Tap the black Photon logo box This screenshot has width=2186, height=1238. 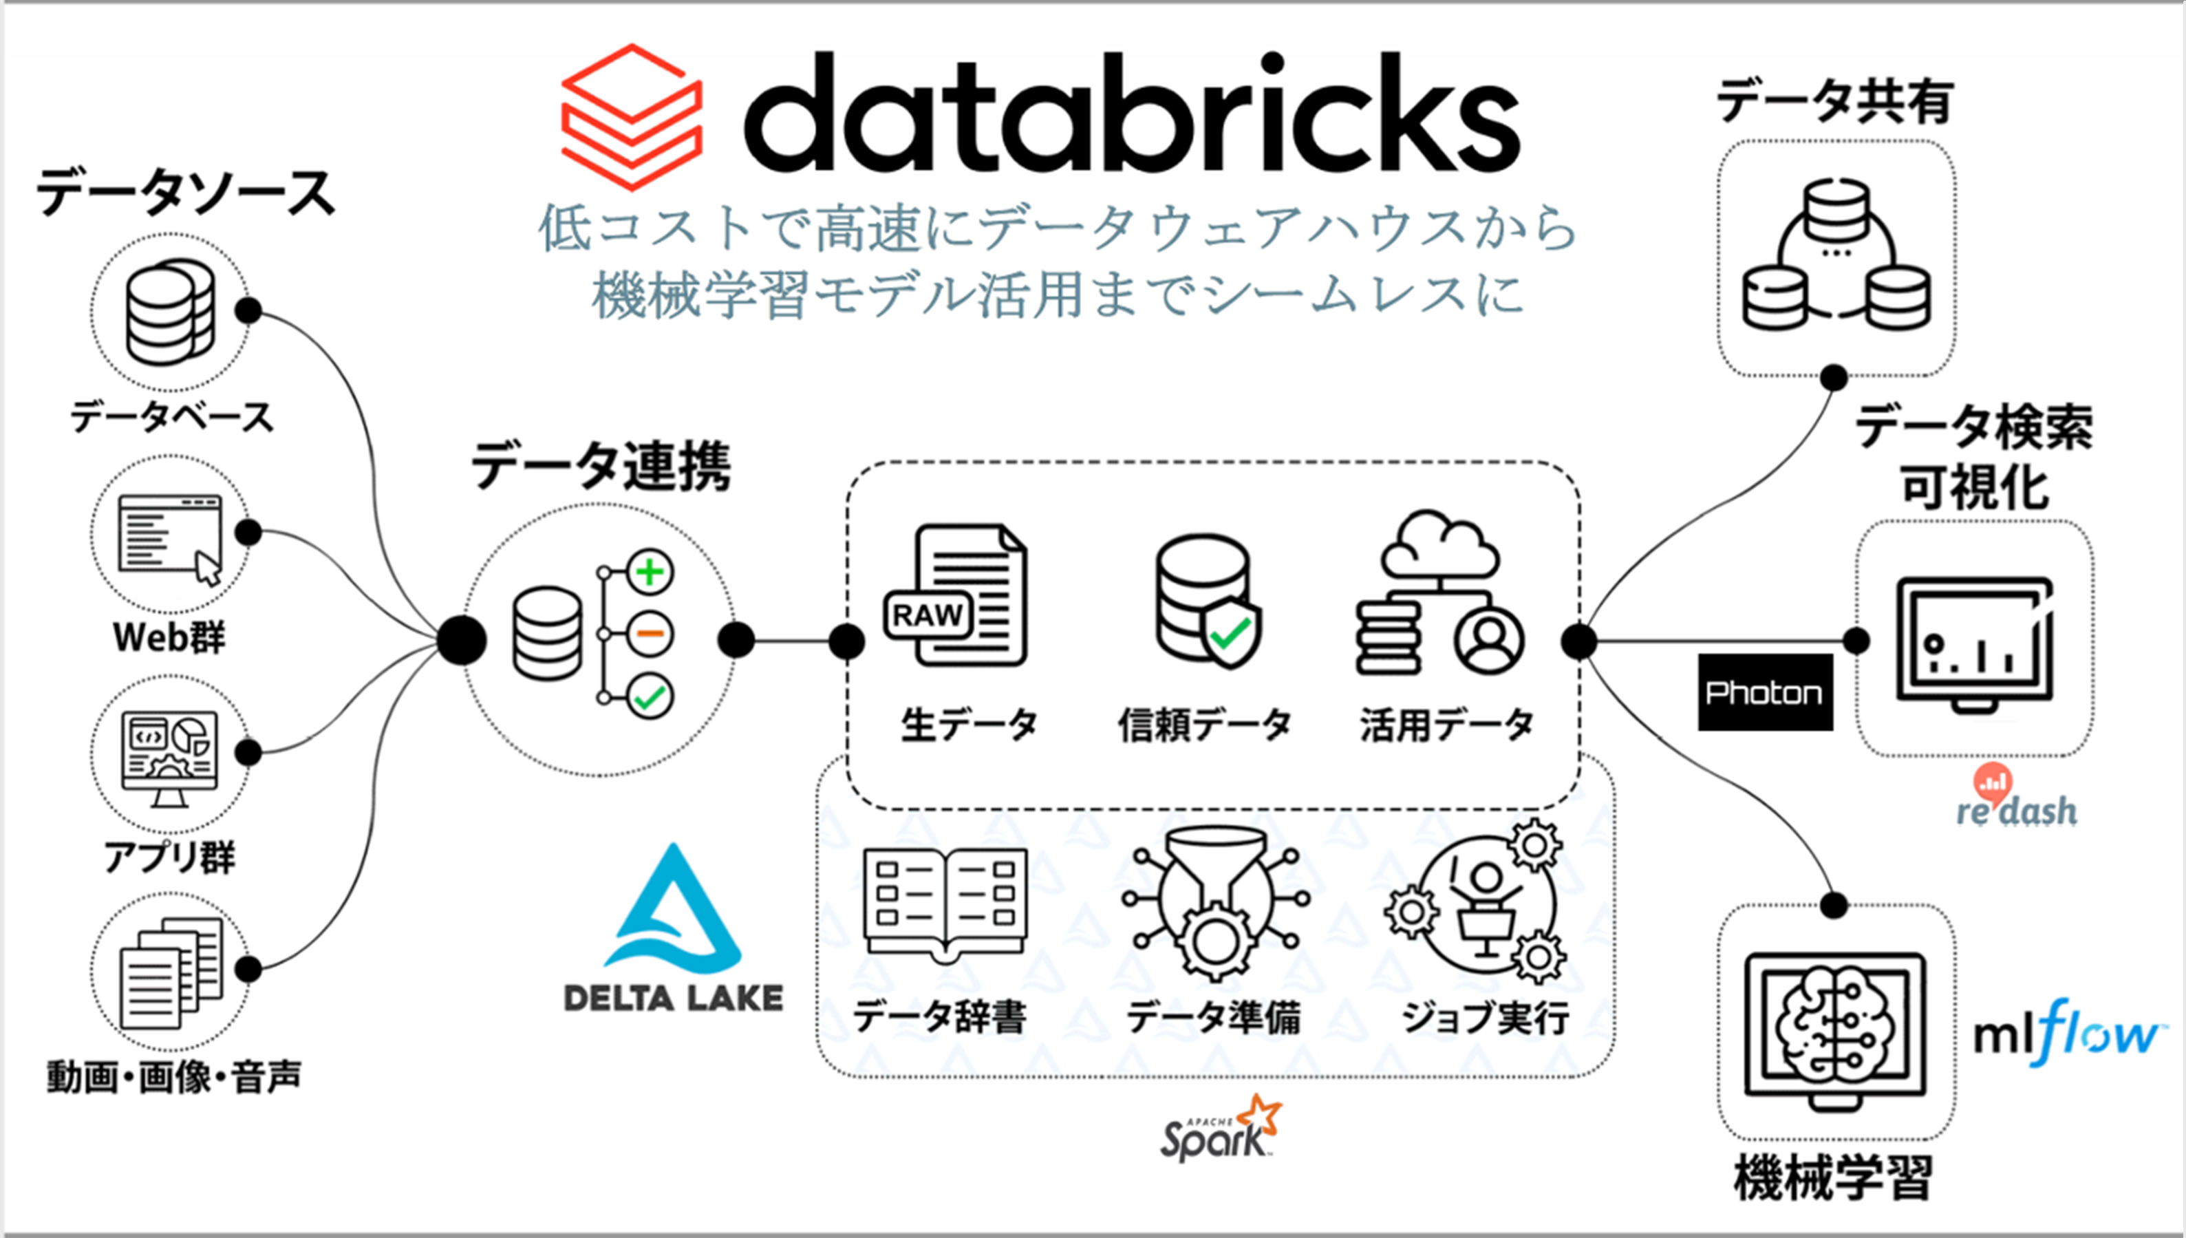pyautogui.click(x=1764, y=692)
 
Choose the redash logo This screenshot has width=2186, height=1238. pyautogui.click(x=2016, y=798)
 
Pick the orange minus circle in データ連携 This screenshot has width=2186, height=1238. pyautogui.click(x=650, y=634)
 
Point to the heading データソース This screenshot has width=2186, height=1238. pyautogui.click(x=185, y=192)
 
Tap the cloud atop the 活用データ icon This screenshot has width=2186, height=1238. pyautogui.click(x=1438, y=544)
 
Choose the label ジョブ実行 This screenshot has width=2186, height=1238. pyautogui.click(x=1484, y=1017)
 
